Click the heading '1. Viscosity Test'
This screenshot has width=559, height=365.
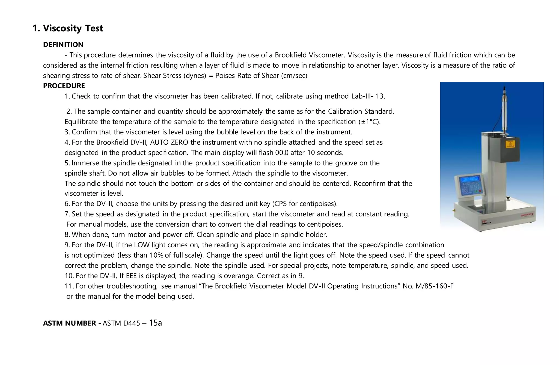click(68, 28)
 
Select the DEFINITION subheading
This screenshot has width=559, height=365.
click(63, 45)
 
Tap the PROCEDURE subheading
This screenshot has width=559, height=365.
click(64, 86)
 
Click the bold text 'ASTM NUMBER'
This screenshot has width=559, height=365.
click(69, 323)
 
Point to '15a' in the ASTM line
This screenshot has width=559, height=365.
click(155, 323)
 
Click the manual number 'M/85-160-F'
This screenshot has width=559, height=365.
click(434, 286)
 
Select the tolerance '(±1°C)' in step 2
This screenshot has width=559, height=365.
click(369, 122)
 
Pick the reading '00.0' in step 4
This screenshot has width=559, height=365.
click(282, 153)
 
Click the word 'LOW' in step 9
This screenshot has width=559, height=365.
click(142, 245)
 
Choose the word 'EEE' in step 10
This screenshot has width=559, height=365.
click(131, 276)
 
